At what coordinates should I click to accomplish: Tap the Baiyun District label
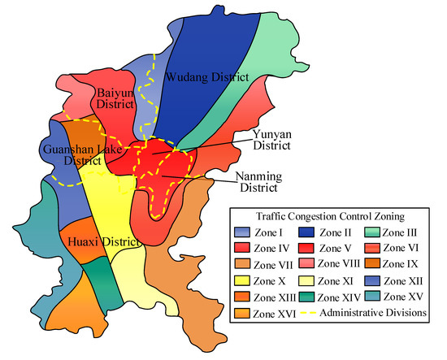[x=119, y=98]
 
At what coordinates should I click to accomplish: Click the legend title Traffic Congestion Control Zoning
[x=332, y=218]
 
